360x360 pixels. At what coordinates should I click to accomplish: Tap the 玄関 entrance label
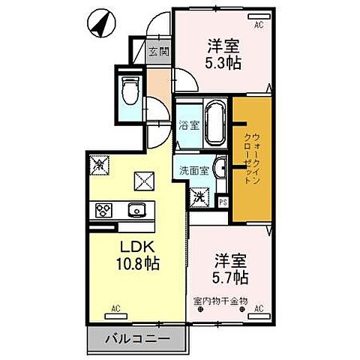click(157, 52)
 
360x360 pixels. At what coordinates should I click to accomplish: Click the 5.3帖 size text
click(223, 63)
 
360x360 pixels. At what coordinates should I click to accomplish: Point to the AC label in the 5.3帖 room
click(259, 24)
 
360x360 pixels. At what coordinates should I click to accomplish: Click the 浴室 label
click(189, 125)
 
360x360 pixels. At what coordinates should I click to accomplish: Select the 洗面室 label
click(193, 169)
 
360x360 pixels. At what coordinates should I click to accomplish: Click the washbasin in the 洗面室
click(220, 168)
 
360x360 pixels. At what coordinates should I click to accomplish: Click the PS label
click(222, 201)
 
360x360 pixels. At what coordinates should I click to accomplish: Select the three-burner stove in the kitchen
click(103, 209)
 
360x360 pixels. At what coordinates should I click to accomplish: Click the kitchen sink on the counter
click(136, 209)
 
